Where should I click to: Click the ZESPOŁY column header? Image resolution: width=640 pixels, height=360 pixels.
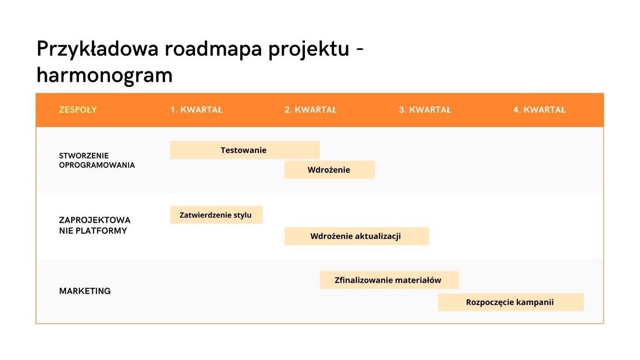[78, 110]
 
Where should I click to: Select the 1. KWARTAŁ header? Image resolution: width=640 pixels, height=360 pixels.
[196, 110]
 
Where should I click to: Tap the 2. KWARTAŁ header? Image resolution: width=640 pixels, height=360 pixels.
[311, 110]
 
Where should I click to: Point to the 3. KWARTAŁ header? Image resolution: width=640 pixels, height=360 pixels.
[425, 110]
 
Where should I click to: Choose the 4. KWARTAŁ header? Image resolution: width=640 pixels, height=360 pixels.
[539, 110]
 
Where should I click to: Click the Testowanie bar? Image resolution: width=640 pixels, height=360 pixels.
[244, 150]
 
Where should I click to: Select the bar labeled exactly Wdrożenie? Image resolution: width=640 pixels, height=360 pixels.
[329, 170]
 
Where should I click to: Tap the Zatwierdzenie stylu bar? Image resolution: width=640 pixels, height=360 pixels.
[216, 215]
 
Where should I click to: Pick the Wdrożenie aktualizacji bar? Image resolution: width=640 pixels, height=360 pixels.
[356, 236]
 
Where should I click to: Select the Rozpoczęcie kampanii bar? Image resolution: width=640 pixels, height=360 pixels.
[510, 302]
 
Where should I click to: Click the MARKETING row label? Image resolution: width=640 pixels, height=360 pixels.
[85, 291]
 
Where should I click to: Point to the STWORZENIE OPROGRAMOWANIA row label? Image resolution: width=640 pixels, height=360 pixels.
[97, 160]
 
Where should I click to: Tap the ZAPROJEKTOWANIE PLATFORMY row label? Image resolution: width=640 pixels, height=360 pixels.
[94, 225]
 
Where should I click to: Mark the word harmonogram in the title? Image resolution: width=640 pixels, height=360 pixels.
[104, 75]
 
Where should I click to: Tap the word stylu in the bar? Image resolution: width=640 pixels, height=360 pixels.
[243, 215]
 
